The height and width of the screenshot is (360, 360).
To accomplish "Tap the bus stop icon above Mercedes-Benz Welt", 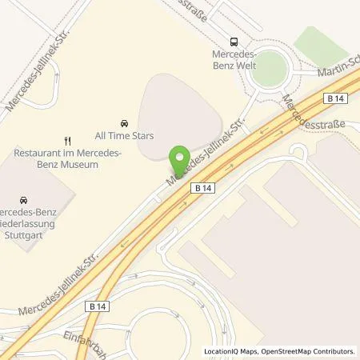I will click(x=234, y=42).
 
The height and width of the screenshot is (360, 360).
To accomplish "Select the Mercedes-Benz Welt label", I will click(x=234, y=60).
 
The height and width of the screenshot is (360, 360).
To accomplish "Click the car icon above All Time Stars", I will click(x=124, y=122).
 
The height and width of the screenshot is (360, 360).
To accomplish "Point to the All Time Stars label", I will click(x=124, y=136).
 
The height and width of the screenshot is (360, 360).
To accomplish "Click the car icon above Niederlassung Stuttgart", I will click(x=23, y=199).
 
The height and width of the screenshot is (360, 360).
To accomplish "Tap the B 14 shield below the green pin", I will click(x=202, y=187).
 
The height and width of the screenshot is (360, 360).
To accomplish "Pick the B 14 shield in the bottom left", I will click(x=97, y=306).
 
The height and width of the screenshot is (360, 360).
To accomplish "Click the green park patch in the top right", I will click(x=321, y=44).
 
